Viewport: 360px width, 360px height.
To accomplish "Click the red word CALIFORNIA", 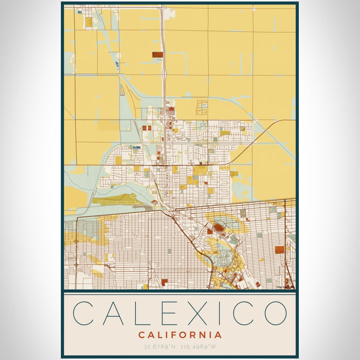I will click(x=180, y=335).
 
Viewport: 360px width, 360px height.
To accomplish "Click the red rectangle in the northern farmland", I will click(x=157, y=54).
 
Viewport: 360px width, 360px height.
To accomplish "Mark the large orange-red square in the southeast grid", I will click(x=279, y=250).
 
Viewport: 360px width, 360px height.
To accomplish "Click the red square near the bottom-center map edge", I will click(x=165, y=282).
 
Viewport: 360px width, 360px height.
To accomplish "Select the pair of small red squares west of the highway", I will click(x=147, y=128).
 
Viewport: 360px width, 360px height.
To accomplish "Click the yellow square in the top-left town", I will click(x=88, y=22).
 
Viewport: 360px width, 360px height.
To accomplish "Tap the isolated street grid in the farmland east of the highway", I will click(x=201, y=107).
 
